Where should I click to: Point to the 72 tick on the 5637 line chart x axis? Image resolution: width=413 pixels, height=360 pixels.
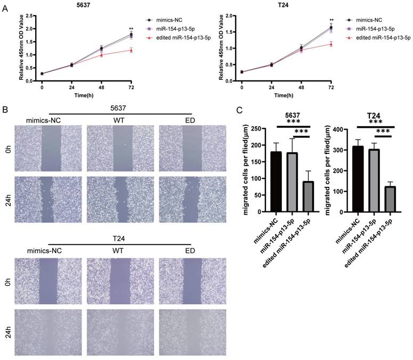131,86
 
